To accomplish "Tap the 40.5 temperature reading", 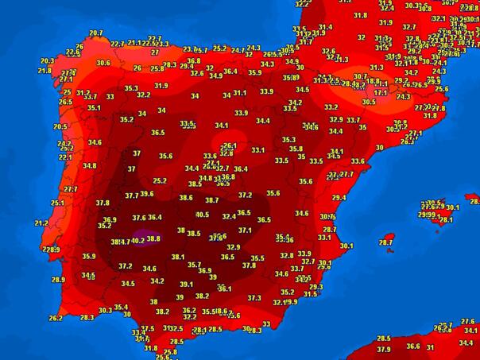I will pyautogui.click(x=202, y=214).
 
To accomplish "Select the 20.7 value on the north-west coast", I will pyautogui.click(x=96, y=33).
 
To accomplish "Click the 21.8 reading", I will pyautogui.click(x=45, y=71).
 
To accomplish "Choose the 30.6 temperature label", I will pyautogui.click(x=103, y=63).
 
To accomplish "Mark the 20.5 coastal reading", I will pyautogui.click(x=60, y=126).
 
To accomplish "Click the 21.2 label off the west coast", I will pyautogui.click(x=41, y=223).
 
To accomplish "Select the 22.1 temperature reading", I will pyautogui.click(x=65, y=157).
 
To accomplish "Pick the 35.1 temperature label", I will pyautogui.click(x=94, y=108).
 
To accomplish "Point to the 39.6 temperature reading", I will pyautogui.click(x=146, y=193).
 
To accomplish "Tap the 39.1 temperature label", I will pyautogui.click(x=186, y=284).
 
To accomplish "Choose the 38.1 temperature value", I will pyautogui.click(x=178, y=257).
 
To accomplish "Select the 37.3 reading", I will pyautogui.click(x=254, y=298).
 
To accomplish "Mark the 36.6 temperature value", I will pyautogui.click(x=412, y=346).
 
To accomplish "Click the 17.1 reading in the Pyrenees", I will pyautogui.click(x=381, y=93).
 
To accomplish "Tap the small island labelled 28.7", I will pyautogui.click(x=386, y=242).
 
